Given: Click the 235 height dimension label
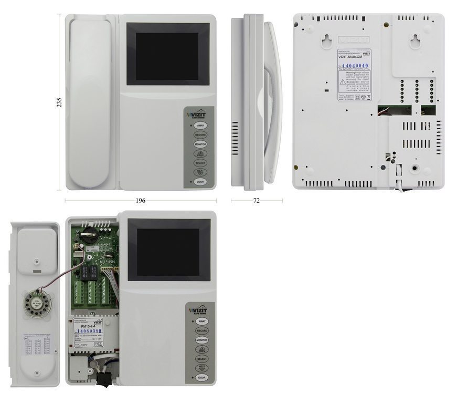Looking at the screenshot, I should coord(59,102).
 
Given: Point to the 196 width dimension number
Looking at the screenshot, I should coord(140,200).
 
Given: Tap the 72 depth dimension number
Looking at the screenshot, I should coord(257,200).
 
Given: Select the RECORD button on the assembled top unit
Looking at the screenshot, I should coord(200,135).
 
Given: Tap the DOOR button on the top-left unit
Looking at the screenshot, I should coord(200,181).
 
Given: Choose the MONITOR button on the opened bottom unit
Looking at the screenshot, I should coord(202,340).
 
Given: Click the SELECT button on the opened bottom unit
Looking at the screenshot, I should coord(202,359).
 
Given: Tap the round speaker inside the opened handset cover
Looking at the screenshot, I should coord(32,303).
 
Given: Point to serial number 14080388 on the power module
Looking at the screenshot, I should coord(86,331).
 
